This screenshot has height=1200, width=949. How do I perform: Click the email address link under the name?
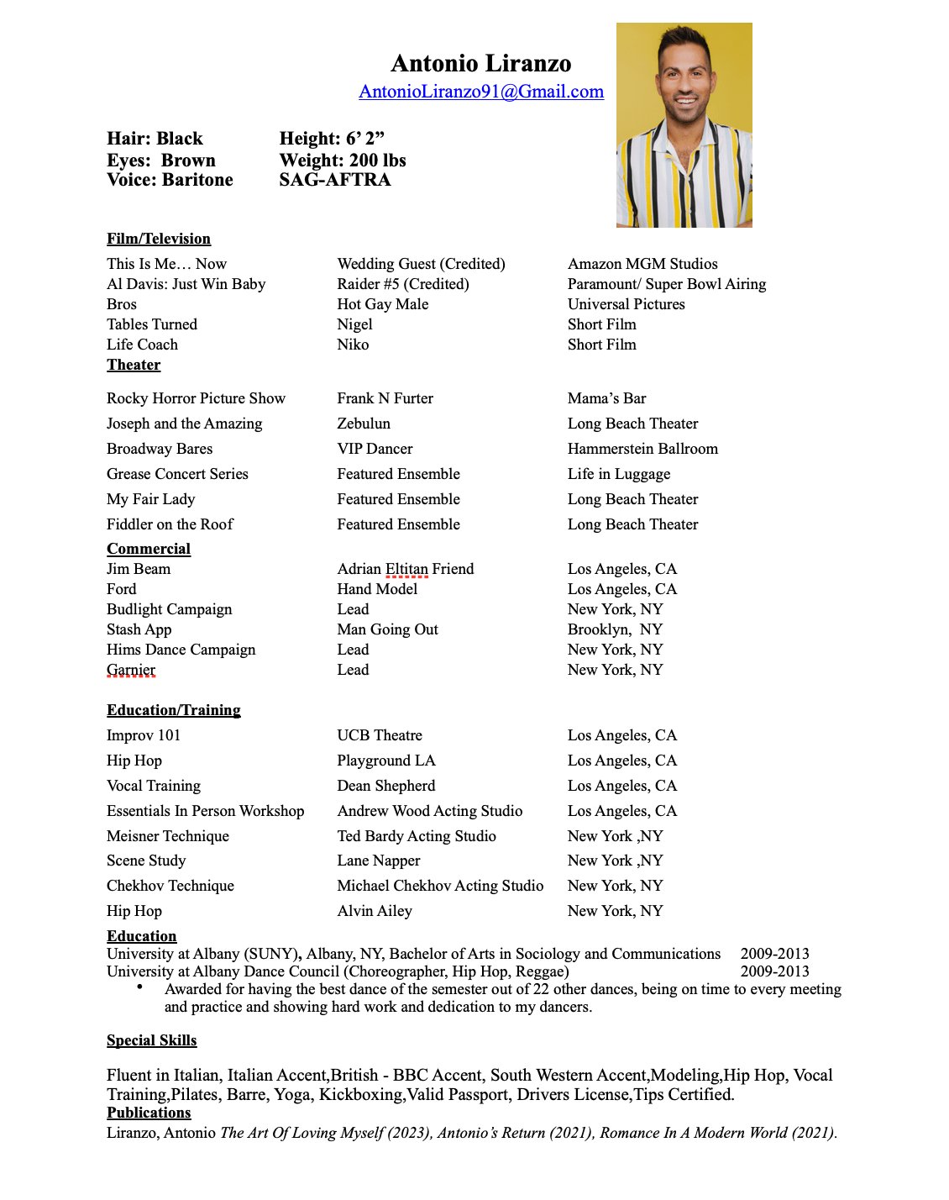(x=481, y=92)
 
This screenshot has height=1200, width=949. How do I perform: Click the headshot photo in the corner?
(x=684, y=125)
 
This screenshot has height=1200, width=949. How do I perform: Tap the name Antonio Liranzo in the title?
(x=481, y=63)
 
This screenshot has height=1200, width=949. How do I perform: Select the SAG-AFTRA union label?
(x=334, y=179)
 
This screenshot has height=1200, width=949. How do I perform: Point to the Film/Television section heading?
(x=159, y=239)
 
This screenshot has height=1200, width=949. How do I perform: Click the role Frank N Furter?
(x=385, y=398)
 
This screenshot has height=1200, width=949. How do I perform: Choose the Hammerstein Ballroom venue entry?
(x=642, y=449)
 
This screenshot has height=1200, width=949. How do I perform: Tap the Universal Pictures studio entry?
(x=626, y=304)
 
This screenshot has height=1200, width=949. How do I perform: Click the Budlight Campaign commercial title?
(x=169, y=609)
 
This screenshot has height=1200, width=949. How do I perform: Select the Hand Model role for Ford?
(x=377, y=589)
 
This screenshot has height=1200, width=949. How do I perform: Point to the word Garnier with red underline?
(x=131, y=670)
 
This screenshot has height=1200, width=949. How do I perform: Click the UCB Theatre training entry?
(x=380, y=735)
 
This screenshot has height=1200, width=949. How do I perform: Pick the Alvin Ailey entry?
(x=375, y=911)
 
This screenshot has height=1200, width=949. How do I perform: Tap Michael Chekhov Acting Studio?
(x=440, y=886)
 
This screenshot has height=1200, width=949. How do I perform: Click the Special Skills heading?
(x=151, y=1040)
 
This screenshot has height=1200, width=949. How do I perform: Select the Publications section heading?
(x=149, y=1113)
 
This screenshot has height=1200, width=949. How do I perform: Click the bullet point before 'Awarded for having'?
(x=140, y=987)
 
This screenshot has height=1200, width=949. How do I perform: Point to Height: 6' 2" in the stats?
(x=332, y=139)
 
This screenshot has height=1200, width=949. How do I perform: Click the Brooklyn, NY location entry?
(x=615, y=629)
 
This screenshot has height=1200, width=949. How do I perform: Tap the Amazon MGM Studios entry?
(x=642, y=264)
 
